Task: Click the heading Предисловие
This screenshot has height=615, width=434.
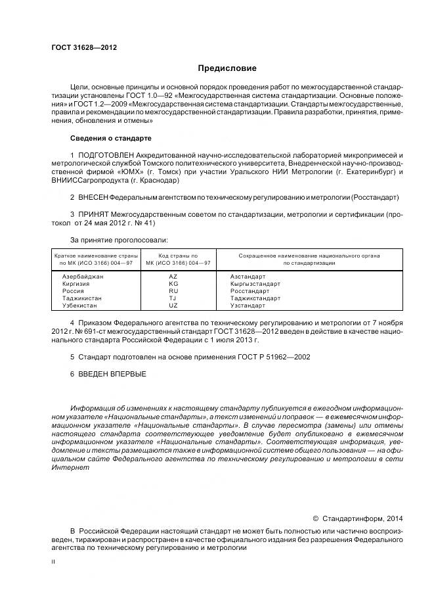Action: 227,68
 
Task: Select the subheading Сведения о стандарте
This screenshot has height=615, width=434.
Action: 110,139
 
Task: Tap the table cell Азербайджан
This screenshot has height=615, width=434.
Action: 82,277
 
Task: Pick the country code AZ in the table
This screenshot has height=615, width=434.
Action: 173,277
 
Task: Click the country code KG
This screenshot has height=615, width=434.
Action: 173,284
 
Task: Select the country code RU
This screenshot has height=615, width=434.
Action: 173,291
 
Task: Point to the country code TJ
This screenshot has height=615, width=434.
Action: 173,298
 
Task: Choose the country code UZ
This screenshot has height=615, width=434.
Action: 173,306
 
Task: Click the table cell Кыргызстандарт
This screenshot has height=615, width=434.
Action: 255,284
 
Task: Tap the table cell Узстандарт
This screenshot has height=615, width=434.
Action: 248,306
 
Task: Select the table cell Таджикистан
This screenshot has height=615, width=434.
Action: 81,298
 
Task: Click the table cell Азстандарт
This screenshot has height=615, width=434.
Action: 248,277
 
